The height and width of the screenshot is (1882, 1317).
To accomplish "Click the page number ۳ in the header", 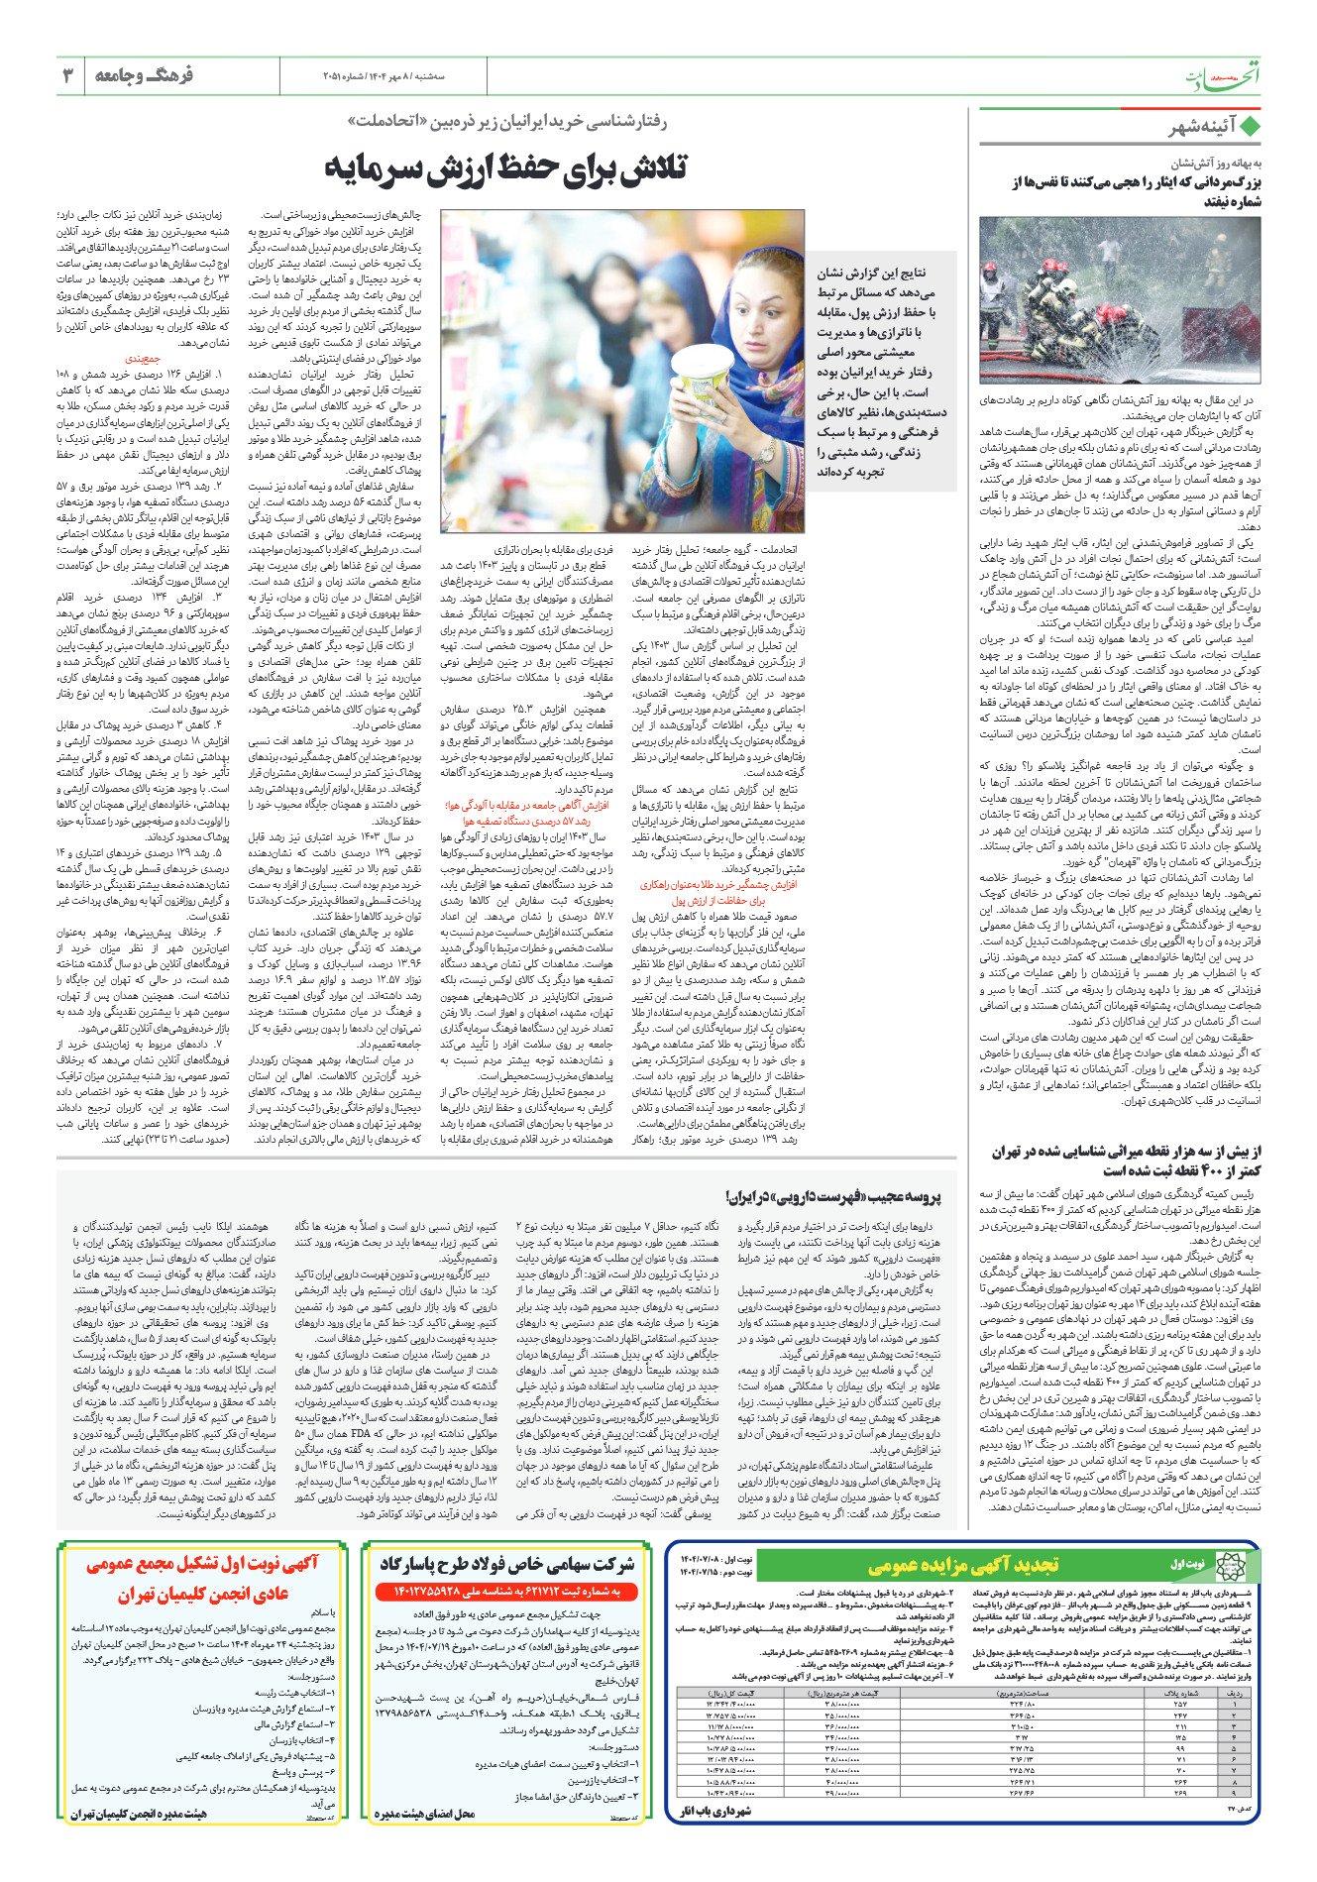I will pyautogui.click(x=68, y=75).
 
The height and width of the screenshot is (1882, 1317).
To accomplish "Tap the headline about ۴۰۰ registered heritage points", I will pyautogui.click(x=1126, y=1161).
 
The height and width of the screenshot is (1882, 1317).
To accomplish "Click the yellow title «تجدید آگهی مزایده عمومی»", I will pyautogui.click(x=962, y=1566).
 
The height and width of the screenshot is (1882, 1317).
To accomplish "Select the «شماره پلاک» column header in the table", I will pyautogui.click(x=1180, y=1693).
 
